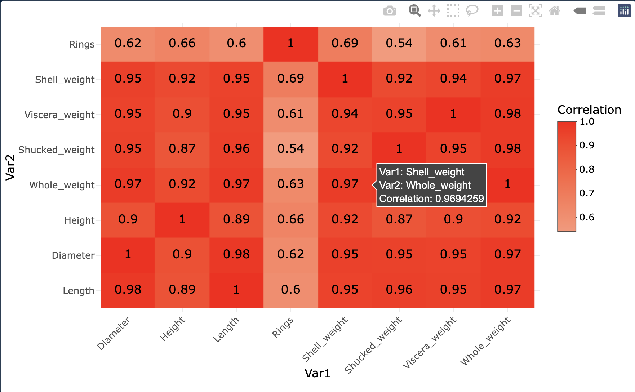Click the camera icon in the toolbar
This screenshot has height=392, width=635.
[390, 11]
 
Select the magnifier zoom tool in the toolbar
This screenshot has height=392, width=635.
[414, 11]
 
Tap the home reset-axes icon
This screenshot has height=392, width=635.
[554, 11]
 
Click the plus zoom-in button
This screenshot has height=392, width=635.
[497, 11]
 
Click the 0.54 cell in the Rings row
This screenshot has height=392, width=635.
[399, 44]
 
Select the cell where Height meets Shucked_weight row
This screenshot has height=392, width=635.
[182, 149]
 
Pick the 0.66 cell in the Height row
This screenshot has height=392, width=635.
[290, 219]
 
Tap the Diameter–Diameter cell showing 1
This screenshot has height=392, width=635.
[128, 254]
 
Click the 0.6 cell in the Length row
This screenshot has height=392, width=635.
[290, 290]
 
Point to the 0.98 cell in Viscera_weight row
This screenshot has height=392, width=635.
[507, 114]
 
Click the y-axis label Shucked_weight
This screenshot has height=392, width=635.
[56, 150]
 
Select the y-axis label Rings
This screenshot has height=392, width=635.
[82, 44]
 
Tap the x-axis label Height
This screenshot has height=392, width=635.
[172, 329]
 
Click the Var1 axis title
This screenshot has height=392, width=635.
[317, 373]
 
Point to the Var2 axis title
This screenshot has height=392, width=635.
[10, 168]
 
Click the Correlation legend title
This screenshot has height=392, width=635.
[589, 110]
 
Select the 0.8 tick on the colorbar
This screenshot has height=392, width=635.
[586, 169]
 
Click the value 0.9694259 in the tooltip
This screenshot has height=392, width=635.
[459, 199]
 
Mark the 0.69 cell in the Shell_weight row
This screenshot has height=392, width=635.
[290, 79]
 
